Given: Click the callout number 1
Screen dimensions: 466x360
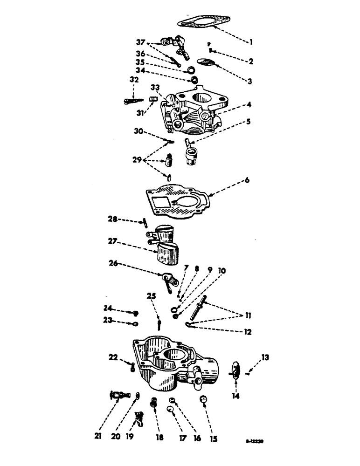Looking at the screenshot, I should (x=251, y=42).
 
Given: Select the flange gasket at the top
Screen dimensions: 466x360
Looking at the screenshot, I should (x=204, y=22).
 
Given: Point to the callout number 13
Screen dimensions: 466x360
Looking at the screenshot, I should (x=266, y=358).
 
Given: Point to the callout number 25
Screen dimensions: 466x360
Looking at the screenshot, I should (x=151, y=296).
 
